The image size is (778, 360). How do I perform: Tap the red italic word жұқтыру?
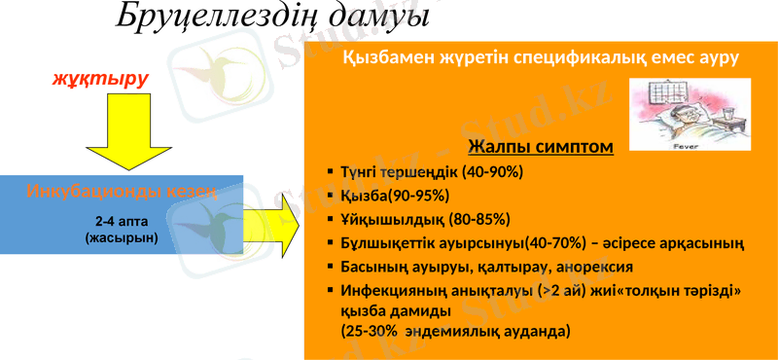(x=100, y=78)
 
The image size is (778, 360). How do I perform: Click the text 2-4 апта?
(x=122, y=221)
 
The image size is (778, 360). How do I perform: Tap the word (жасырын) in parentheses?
(x=122, y=237)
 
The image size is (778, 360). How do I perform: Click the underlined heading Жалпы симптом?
(x=540, y=147)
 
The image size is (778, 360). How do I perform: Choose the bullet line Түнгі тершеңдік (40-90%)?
(x=432, y=172)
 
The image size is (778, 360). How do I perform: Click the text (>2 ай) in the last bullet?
(x=564, y=290)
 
